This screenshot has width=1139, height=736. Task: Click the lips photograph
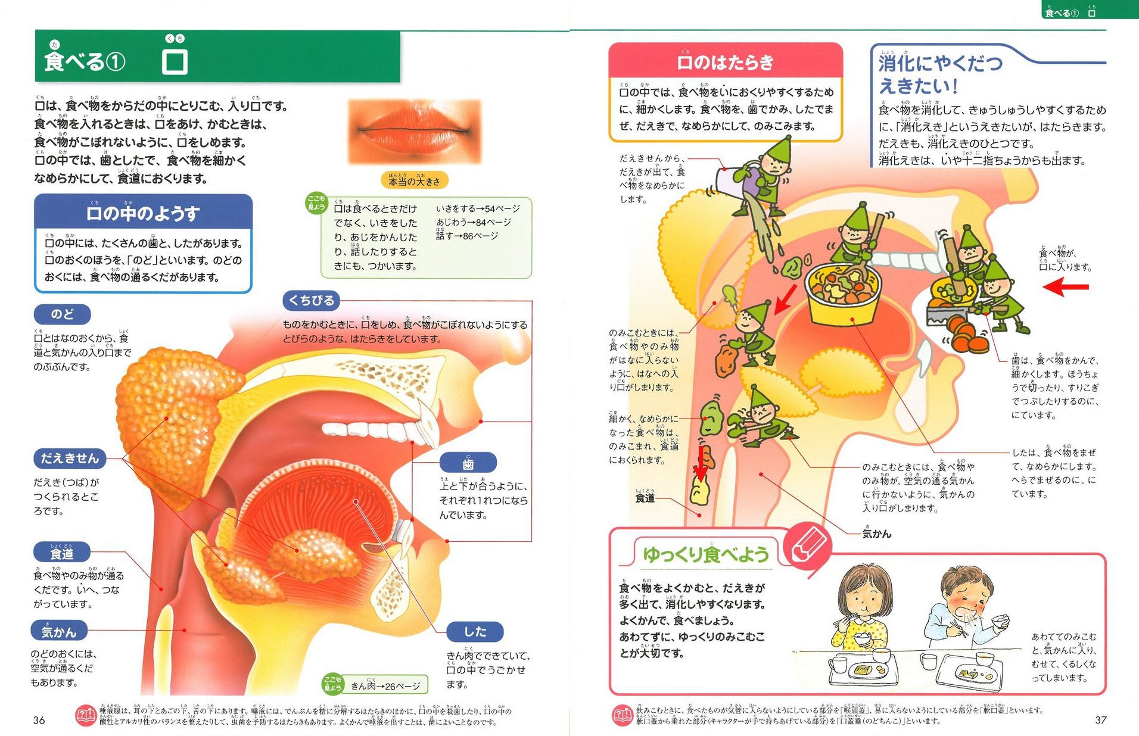click(x=414, y=131)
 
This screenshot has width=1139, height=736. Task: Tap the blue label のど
click(x=62, y=314)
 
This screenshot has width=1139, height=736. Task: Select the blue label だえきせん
click(x=70, y=458)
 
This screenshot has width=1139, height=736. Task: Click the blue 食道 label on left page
click(x=61, y=553)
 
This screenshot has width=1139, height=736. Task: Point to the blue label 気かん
click(x=59, y=631)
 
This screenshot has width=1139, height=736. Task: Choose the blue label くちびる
click(x=311, y=301)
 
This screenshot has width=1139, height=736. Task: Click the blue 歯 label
click(x=468, y=463)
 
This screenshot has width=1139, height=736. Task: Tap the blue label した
click(x=475, y=631)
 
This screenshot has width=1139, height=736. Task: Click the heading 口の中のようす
click(x=143, y=213)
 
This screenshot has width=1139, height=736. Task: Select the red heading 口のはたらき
click(x=725, y=62)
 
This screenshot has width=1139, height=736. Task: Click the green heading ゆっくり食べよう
click(x=705, y=554)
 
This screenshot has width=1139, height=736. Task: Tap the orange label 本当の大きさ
click(x=414, y=180)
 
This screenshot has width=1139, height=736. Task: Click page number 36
click(x=39, y=720)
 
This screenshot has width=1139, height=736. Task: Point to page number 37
click(x=1100, y=720)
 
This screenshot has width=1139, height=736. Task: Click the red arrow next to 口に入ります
click(x=1066, y=287)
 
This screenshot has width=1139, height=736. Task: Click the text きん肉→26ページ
click(x=385, y=686)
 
